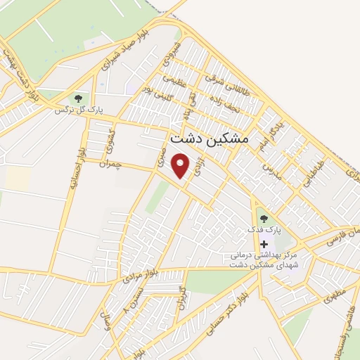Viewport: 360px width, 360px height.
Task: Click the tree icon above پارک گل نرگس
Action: coord(78,98)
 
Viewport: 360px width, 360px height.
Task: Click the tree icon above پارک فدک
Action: coord(264,219)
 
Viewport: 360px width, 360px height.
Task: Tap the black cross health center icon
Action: coord(264,243)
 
